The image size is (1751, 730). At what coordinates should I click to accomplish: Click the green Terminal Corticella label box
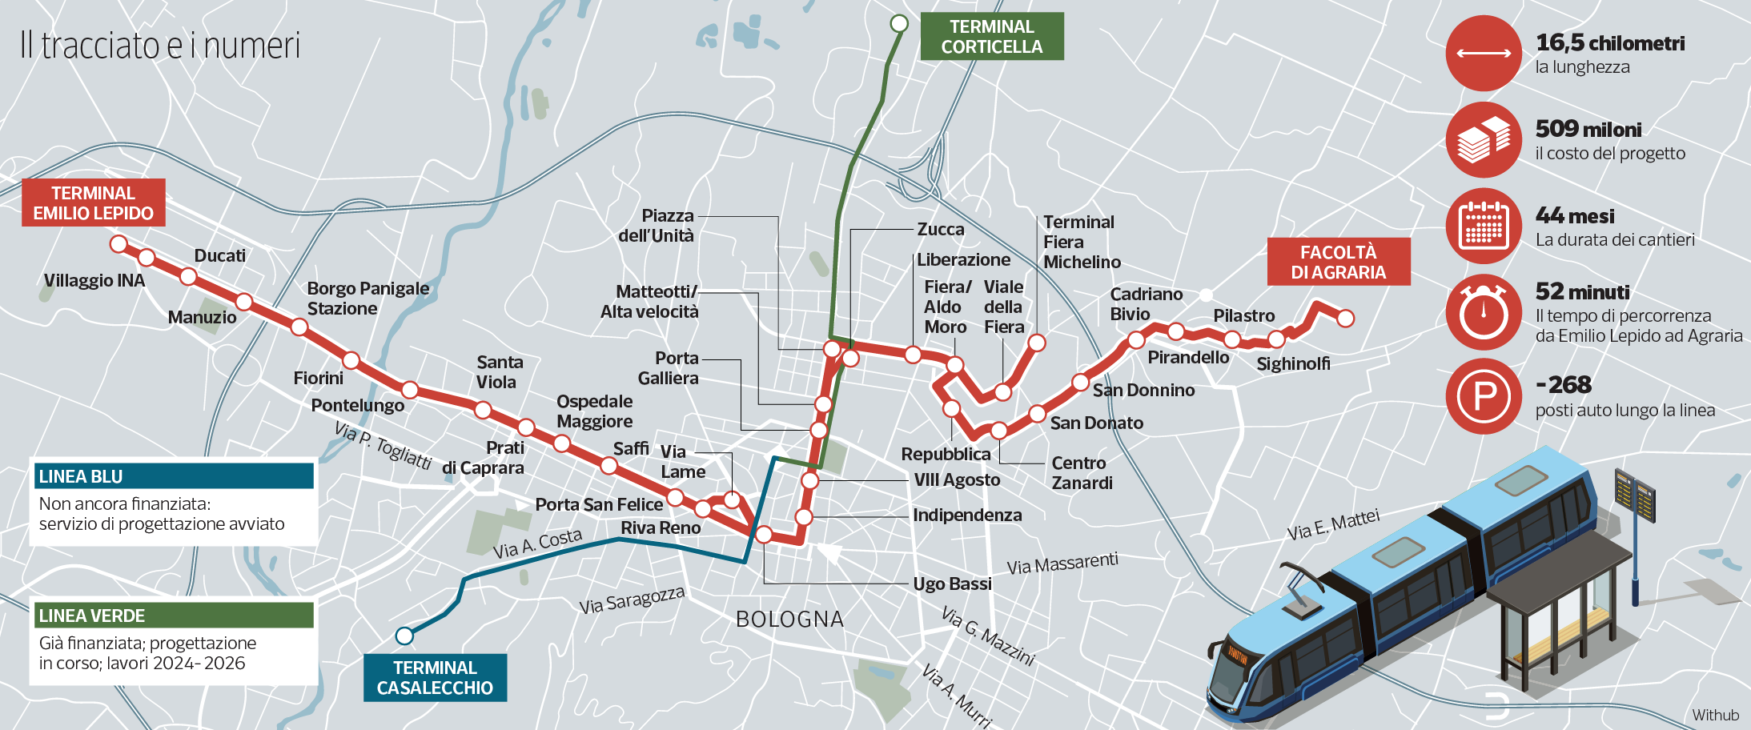[991, 37]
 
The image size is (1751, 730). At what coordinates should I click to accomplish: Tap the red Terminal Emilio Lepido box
[93, 203]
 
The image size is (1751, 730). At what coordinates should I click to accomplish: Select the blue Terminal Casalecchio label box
[435, 678]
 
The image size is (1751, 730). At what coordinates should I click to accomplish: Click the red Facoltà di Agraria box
[1338, 263]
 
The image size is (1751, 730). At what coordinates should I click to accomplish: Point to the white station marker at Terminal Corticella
[899, 23]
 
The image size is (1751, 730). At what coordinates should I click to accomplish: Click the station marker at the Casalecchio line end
[404, 636]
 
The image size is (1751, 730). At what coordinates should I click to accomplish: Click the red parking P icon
[1484, 396]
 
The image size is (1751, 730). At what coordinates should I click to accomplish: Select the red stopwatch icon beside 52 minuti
[1484, 311]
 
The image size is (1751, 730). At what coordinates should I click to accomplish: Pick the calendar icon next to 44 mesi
[1484, 226]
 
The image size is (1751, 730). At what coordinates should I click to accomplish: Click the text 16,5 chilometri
[1609, 43]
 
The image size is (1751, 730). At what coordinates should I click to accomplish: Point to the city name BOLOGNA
[789, 620]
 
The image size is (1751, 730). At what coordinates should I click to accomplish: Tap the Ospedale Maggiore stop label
[594, 411]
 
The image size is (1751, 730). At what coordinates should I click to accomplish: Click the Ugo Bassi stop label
[952, 584]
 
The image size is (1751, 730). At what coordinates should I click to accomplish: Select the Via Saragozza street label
[632, 600]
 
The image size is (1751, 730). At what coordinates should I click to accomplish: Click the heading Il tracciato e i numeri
[160, 46]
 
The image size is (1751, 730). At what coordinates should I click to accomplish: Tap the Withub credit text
[1715, 715]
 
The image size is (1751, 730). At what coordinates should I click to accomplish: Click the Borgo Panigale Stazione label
[367, 299]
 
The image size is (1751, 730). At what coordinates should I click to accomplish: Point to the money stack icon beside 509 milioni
[1484, 140]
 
